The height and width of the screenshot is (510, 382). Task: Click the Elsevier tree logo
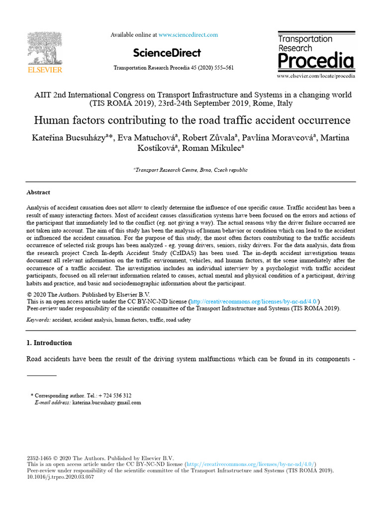(44, 48)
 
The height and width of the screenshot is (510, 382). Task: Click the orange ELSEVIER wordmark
(44, 70)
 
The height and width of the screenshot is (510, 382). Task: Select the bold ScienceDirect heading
(167, 53)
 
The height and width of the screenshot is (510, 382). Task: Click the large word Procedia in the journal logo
(316, 61)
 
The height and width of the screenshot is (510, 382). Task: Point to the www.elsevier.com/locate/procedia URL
(316, 76)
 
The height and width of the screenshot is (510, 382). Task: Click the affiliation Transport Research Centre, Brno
(191, 170)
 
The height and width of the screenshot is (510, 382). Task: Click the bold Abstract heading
(38, 192)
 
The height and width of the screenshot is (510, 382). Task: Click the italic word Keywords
(38, 320)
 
